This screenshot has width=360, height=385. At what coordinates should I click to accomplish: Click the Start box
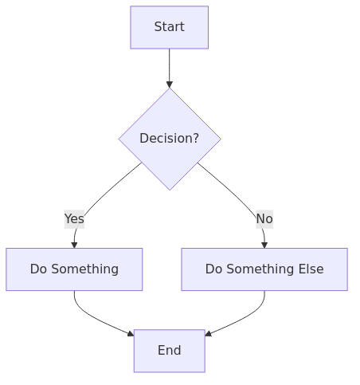point(169,27)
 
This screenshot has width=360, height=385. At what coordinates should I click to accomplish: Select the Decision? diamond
point(169,138)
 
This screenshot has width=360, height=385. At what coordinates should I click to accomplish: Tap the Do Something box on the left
point(74,269)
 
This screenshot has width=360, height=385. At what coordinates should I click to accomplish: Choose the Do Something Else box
point(264,269)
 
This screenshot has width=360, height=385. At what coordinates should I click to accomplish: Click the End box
point(169,351)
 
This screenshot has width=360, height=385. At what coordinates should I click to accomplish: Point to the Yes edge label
point(74,218)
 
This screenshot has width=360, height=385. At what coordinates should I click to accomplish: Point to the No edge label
point(264,218)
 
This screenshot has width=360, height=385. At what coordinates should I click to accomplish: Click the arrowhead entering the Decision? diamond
point(169,84)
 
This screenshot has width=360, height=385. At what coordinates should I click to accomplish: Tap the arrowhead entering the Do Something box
point(74,245)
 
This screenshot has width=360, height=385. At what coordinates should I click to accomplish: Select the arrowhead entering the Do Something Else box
point(264,245)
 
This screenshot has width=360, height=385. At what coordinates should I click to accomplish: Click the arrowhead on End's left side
point(131,333)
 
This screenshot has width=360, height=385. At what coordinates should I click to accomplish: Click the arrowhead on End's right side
point(208,333)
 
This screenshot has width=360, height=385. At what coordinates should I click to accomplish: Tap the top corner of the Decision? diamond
point(169,89)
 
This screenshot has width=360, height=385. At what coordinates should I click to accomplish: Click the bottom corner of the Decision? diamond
point(169,189)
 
